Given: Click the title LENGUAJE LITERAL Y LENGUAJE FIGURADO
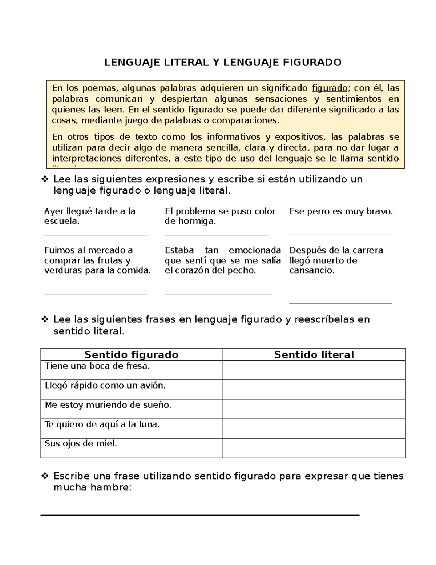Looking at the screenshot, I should click(223, 63).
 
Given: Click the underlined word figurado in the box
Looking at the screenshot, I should click(330, 88).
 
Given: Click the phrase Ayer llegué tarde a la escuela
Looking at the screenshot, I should click(89, 216).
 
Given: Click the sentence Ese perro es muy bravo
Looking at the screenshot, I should click(341, 211).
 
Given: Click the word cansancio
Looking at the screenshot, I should click(311, 270).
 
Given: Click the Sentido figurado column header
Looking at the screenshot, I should click(131, 355).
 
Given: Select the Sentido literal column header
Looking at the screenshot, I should click(314, 355).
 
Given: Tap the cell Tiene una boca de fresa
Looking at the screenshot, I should click(97, 366).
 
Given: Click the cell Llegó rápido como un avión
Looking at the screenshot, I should click(105, 386).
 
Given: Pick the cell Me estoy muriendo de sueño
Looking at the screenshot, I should click(108, 405).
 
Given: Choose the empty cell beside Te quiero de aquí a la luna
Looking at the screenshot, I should click(314, 428).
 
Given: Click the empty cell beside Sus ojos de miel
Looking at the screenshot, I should click(314, 448).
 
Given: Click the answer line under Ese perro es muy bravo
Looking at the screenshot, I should click(340, 235).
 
